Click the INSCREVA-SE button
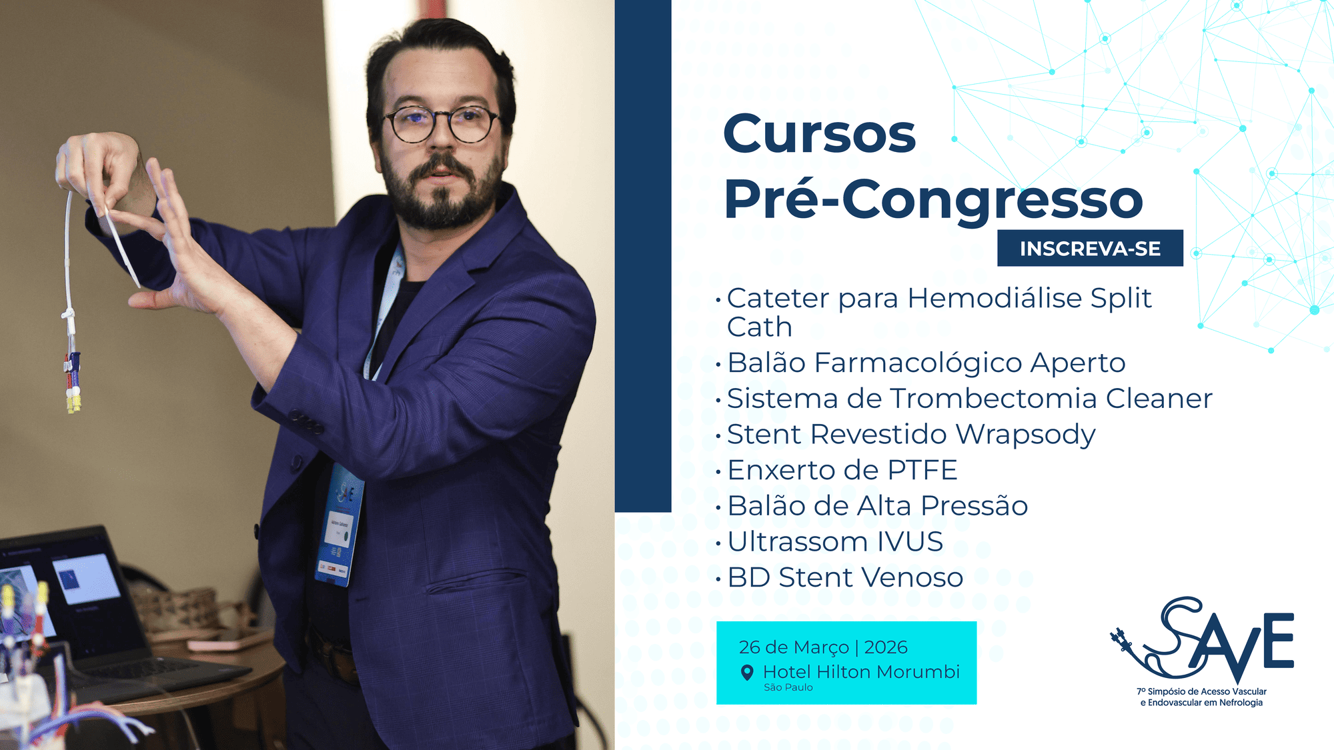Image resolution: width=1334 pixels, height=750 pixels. click(1090, 248)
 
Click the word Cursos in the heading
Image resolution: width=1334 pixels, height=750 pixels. click(820, 133)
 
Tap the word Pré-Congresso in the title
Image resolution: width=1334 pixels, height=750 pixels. click(933, 199)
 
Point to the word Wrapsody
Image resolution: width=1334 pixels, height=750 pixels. click(1025, 435)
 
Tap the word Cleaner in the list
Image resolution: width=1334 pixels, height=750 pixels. click(1159, 399)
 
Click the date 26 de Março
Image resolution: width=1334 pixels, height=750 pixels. click(794, 647)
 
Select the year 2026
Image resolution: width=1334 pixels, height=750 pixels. click(886, 647)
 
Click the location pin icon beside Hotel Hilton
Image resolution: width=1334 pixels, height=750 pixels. click(748, 673)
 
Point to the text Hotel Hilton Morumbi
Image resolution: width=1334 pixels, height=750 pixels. click(861, 672)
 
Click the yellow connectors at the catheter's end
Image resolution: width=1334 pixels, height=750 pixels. click(73, 403)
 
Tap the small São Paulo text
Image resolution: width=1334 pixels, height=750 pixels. click(788, 687)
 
